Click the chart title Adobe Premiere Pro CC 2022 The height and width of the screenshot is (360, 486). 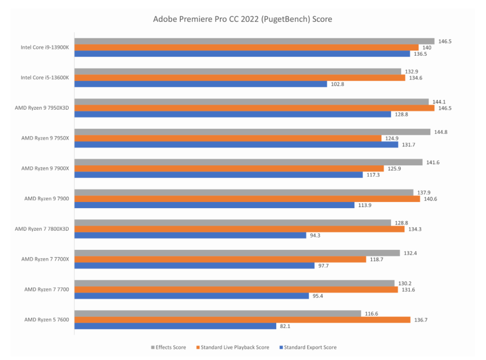[242, 20]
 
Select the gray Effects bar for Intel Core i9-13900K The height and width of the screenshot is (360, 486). [254, 41]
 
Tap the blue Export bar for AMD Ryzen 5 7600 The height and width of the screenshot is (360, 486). [175, 326]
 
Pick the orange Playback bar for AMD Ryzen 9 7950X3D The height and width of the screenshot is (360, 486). [254, 108]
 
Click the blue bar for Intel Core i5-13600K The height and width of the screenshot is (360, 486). [201, 84]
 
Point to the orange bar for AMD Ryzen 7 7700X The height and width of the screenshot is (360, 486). [220, 259]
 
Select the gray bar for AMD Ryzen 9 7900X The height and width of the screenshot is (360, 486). [248, 162]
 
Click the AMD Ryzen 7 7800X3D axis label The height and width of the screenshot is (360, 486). [42, 229]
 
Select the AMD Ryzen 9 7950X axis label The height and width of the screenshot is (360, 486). [45, 138]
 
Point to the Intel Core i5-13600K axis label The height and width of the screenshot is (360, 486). [45, 78]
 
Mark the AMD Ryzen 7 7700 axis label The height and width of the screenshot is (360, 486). [46, 289]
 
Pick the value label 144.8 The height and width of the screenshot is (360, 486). [440, 132]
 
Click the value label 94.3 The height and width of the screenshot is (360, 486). [315, 235]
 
